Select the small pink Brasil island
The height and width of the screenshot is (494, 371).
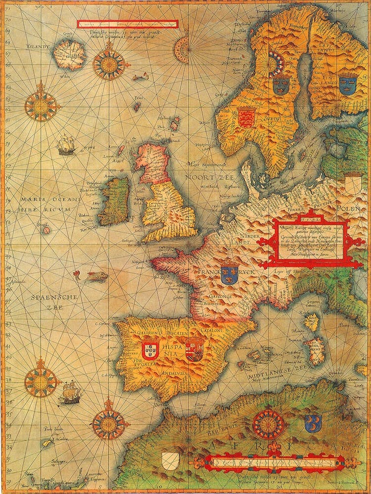click(46, 230)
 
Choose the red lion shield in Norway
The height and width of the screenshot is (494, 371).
click(245, 118)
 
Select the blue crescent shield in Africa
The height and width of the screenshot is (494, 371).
click(313, 423)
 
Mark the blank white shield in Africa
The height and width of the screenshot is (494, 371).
click(170, 461)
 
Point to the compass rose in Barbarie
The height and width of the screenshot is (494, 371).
click(268, 424)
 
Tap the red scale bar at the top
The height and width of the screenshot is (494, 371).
click(127, 23)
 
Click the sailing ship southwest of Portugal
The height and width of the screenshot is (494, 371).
click(71, 392)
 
